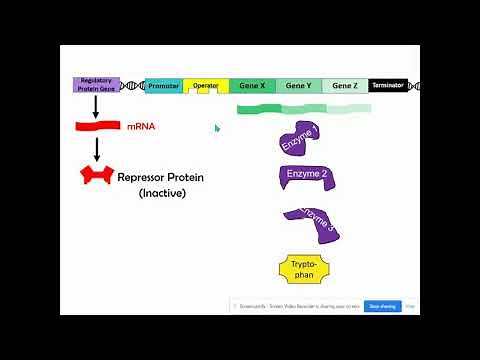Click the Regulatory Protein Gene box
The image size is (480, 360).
tap(97, 85)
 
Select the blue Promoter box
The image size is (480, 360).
tap(163, 86)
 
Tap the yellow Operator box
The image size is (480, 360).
tap(205, 87)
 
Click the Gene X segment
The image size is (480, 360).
tap(252, 86)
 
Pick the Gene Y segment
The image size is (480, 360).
tap(298, 86)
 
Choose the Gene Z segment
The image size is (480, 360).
tap(344, 86)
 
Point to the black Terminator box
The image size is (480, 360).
tap(387, 86)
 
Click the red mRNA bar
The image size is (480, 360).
tap(98, 126)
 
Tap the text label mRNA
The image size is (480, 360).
tap(141, 127)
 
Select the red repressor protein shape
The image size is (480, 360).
tap(97, 177)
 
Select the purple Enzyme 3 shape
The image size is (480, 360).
tap(312, 223)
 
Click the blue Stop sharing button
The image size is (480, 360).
tap(383, 306)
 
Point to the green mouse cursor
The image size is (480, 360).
tap(217, 128)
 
